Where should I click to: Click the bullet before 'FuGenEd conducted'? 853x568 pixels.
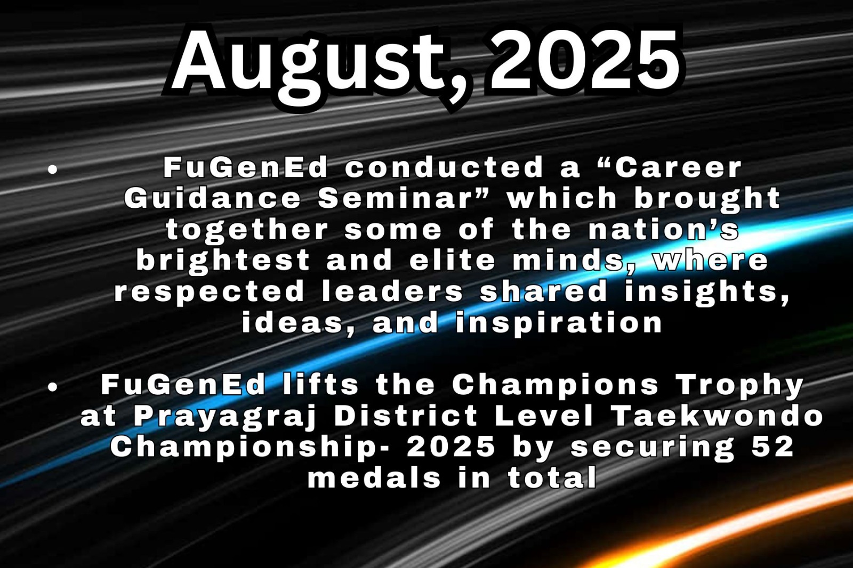click(53, 170)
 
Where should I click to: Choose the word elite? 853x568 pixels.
click(453, 261)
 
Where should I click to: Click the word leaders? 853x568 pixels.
click(392, 291)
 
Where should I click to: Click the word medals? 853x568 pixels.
click(374, 478)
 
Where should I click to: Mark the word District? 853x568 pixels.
click(406, 416)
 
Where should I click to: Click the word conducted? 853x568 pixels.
click(444, 167)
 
